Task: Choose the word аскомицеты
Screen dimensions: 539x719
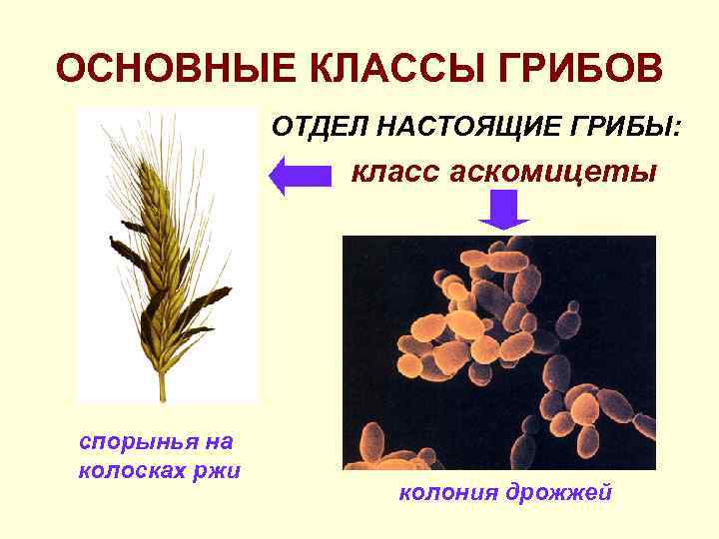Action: (555, 173)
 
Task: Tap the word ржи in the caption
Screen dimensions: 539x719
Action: (222, 470)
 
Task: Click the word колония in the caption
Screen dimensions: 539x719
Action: (445, 493)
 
